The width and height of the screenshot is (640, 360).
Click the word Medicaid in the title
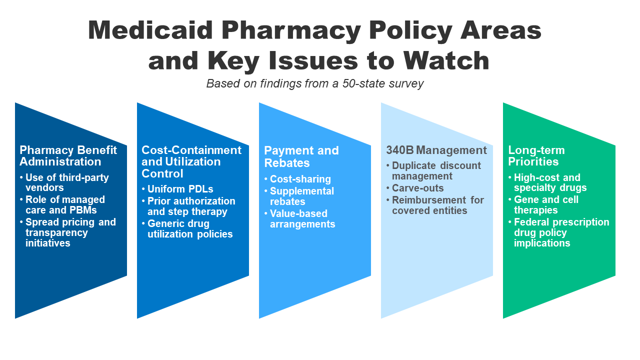pos(150,30)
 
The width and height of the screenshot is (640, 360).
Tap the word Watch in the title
pos(446,60)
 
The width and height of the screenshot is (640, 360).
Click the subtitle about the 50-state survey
pos(315,83)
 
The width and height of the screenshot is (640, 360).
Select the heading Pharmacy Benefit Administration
pos(68,156)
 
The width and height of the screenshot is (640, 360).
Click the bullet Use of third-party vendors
pos(67,182)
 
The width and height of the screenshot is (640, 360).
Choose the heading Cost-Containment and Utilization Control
pos(191,161)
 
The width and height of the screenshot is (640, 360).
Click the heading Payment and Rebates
pos(301,156)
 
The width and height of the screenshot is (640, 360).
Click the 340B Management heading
pos(436,150)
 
